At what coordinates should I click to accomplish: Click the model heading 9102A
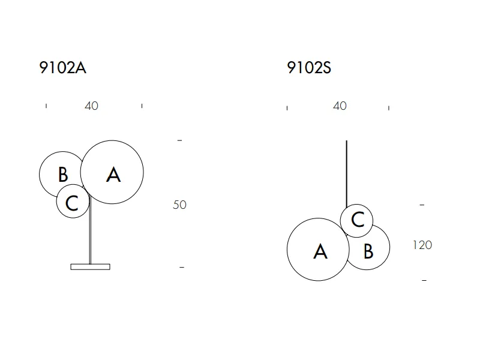(x=63, y=68)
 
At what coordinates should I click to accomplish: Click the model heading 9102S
(x=309, y=68)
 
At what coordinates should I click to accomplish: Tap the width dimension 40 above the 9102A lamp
(x=91, y=106)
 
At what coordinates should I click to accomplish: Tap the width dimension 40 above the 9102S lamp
(x=340, y=106)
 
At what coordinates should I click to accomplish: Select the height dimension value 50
(x=179, y=205)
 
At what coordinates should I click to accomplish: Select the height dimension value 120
(x=422, y=245)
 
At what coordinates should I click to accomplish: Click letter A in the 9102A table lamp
(x=113, y=175)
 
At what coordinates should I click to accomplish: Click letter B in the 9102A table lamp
(x=63, y=174)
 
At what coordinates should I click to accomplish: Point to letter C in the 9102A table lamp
(x=72, y=203)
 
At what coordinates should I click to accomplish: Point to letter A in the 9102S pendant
(x=320, y=251)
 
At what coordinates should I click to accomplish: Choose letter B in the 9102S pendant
(x=368, y=251)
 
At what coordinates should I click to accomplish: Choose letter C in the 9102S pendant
(x=358, y=220)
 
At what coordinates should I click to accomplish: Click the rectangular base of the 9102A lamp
(x=91, y=267)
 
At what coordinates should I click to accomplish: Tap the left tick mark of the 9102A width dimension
(x=46, y=106)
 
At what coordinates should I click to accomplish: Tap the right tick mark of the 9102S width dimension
(x=389, y=108)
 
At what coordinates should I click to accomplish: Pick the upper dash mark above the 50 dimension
(x=179, y=140)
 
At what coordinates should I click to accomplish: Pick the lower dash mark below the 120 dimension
(x=424, y=280)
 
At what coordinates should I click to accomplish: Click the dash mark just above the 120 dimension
(x=422, y=205)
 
